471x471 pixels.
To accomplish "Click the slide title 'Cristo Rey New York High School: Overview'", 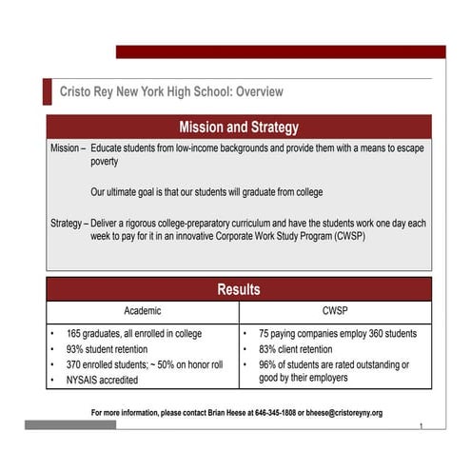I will pyautogui.click(x=171, y=92).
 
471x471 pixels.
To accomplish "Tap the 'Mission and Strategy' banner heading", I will pyautogui.click(x=239, y=127).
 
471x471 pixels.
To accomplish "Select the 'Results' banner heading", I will pyautogui.click(x=239, y=289).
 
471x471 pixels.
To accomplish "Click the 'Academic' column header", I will pyautogui.click(x=143, y=311).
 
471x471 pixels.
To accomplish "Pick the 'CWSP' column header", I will pyautogui.click(x=335, y=311).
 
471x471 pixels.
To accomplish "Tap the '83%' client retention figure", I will pyautogui.click(x=269, y=350).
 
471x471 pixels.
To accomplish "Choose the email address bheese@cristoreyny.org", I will pyautogui.click(x=346, y=413).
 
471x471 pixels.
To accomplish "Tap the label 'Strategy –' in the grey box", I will pyautogui.click(x=69, y=224).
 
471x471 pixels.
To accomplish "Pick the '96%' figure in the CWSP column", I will pyautogui.click(x=269, y=364).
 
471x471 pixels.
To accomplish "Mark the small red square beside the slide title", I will pyautogui.click(x=47, y=92).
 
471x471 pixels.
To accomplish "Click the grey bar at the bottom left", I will pyautogui.click(x=70, y=425).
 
